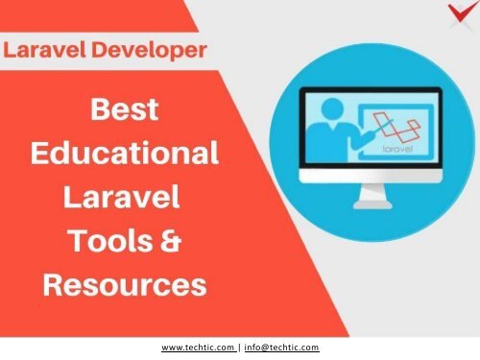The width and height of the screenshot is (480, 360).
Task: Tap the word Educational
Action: [125, 154]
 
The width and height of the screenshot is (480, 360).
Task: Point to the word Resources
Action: [125, 284]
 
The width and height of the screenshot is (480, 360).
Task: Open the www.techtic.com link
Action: [198, 348]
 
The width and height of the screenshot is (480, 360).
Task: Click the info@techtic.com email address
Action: [283, 348]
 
